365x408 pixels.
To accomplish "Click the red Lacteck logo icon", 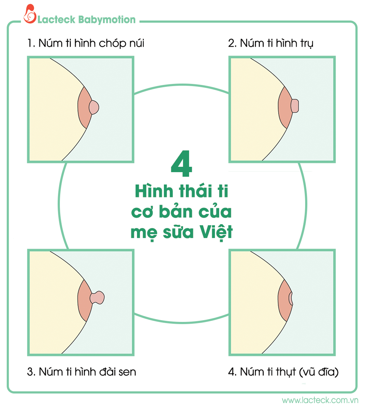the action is pyautogui.click(x=30, y=14).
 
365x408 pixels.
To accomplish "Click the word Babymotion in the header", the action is pyautogui.click(x=107, y=20).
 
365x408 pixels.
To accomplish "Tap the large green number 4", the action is pyautogui.click(x=182, y=163).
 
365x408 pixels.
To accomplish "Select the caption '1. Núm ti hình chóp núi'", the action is pyautogui.click(x=86, y=43).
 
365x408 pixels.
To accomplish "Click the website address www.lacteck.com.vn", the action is pyautogui.click(x=320, y=400).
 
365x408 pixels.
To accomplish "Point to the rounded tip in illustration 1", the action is pyautogui.click(x=94, y=107).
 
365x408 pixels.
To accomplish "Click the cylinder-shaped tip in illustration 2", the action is pyautogui.click(x=295, y=106).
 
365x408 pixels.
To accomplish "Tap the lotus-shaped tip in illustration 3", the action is pyautogui.click(x=97, y=298).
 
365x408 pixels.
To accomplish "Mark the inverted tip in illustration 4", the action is pyautogui.click(x=291, y=299).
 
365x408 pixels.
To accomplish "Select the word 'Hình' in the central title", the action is pyautogui.click(x=154, y=190).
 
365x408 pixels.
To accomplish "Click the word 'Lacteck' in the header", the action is pyautogui.click(x=56, y=20).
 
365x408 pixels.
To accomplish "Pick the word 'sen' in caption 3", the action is pyautogui.click(x=127, y=372).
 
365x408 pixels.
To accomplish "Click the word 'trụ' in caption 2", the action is pyautogui.click(x=307, y=44).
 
